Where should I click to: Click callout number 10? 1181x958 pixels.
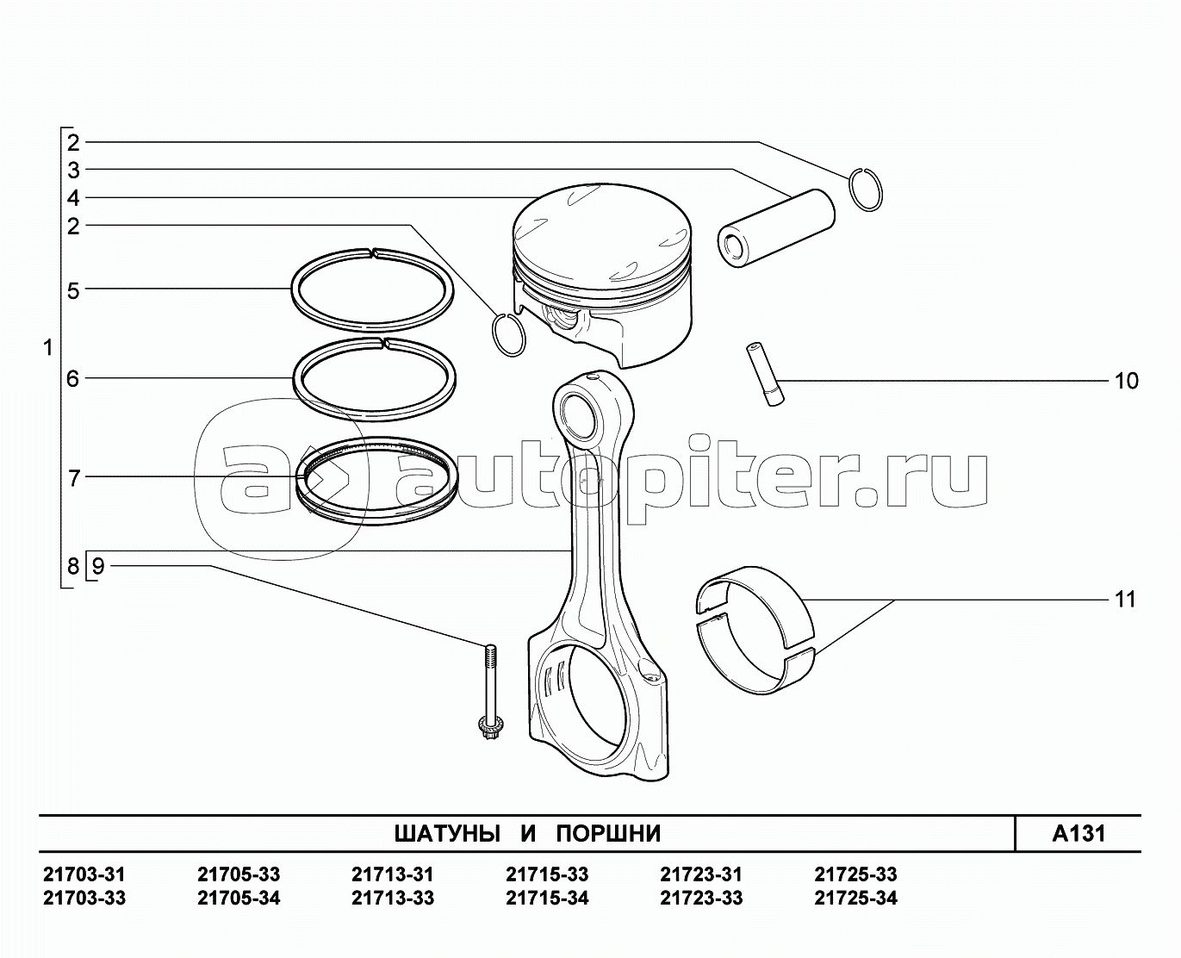1126,382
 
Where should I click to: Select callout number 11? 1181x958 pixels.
1125,600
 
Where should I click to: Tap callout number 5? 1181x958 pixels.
73,290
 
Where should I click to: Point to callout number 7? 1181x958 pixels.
73,478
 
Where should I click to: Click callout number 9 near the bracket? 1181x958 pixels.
98,566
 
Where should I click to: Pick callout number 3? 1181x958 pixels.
73,171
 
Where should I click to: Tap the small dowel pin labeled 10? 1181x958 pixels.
765,374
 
